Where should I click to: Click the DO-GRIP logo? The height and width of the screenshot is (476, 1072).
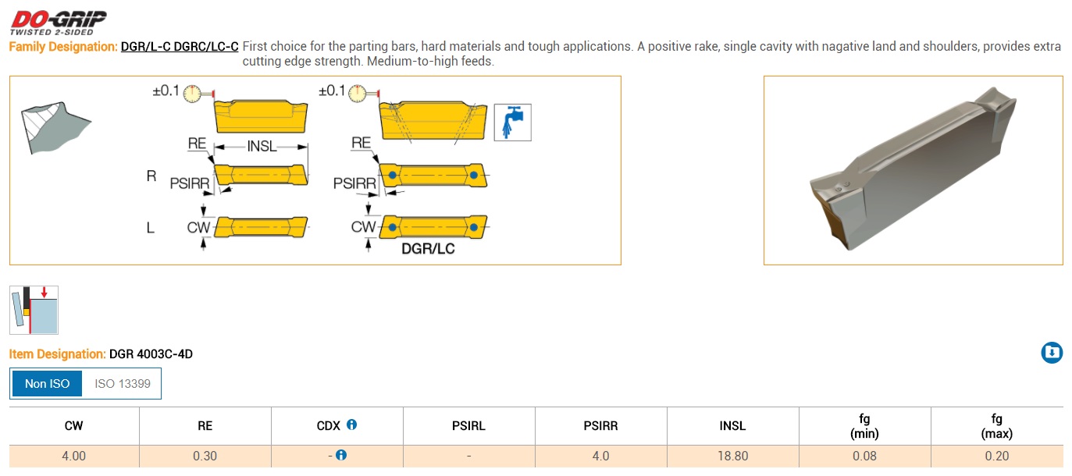pos(59,23)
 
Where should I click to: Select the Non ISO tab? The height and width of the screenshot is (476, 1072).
pos(47,384)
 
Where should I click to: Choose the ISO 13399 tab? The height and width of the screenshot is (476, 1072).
pos(122,384)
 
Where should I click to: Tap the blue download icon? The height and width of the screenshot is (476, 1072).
pos(1052,353)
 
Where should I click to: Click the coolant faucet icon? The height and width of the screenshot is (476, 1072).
pos(512,123)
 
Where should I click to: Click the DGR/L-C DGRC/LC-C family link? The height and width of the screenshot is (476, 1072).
pos(180,46)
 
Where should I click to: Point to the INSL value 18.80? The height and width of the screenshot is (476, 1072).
pos(732,456)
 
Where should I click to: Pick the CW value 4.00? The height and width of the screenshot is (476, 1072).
pos(73,456)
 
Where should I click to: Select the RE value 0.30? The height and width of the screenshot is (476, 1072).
pos(205,456)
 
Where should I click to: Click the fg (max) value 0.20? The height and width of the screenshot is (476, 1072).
pos(997,456)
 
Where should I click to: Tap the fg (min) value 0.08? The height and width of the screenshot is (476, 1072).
pos(864,456)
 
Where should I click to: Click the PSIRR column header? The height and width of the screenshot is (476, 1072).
pos(600,426)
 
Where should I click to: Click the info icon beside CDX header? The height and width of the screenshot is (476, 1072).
pos(352,424)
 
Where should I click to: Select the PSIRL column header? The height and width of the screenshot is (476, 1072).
pos(468,426)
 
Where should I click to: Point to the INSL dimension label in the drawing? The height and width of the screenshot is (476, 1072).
pos(262,147)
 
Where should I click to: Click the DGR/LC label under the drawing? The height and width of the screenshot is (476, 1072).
pos(428,249)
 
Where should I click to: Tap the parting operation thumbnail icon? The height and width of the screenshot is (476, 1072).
pos(34,310)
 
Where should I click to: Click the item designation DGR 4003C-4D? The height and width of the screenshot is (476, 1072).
pos(151,354)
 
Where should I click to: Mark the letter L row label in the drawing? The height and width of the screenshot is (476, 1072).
pos(150,228)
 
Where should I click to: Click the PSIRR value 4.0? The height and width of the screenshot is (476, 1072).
pos(600,456)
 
